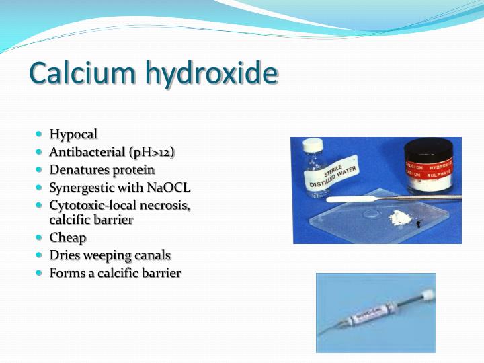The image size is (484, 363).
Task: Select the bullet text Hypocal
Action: (x=73, y=134)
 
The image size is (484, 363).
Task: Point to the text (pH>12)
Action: (x=153, y=152)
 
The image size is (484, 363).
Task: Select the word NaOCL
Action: (x=168, y=188)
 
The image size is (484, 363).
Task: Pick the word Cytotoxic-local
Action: (x=94, y=206)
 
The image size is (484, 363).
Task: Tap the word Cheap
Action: (x=68, y=237)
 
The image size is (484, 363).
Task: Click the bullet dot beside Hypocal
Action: (x=40, y=134)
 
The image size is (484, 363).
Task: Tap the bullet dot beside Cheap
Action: (x=40, y=237)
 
